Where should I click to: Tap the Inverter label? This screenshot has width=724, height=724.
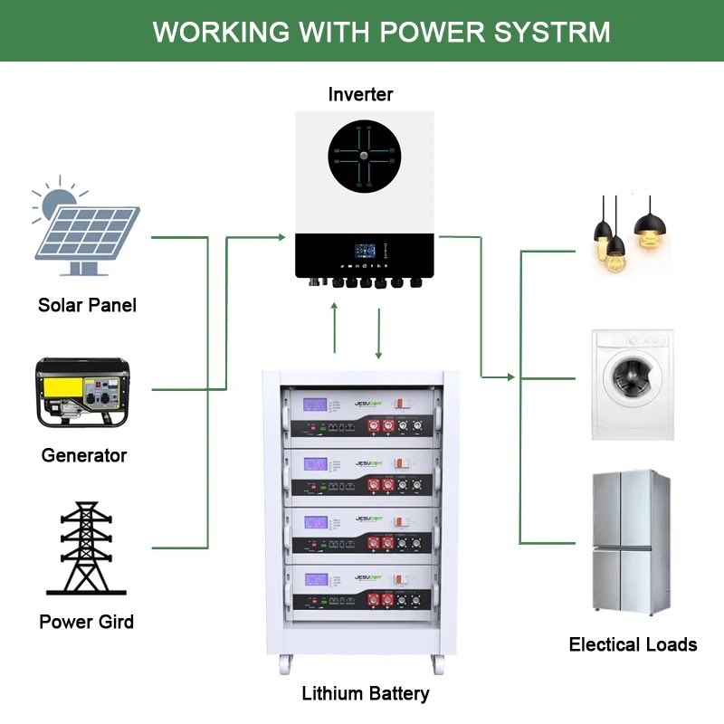[x=361, y=94]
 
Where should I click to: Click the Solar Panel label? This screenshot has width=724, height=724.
[x=87, y=305]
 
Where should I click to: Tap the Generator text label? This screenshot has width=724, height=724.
[x=84, y=455]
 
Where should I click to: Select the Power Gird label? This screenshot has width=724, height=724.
[x=87, y=622]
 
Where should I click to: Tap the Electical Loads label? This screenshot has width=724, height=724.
[x=633, y=644]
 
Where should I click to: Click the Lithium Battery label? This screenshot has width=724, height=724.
[x=365, y=694]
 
